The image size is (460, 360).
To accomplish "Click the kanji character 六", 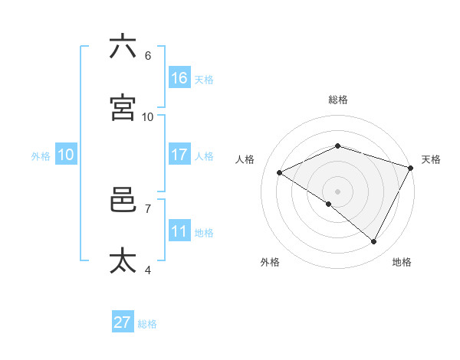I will point(123,47).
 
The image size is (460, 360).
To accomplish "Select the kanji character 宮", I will point(123,108).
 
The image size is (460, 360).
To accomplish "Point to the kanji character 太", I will point(123,261).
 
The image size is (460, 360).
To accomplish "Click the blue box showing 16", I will point(179,77).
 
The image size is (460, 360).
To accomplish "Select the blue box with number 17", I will point(179,155).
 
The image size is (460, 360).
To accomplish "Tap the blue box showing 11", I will point(179,231).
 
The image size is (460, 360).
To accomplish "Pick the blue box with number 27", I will point(123,322).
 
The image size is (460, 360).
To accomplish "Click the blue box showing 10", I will point(66,155).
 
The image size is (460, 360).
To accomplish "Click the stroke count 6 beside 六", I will point(148,56).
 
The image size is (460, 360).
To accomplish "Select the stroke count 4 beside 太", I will point(148,270).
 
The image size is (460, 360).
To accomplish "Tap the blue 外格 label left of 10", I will point(41,156).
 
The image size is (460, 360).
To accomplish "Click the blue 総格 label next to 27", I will point(147,324).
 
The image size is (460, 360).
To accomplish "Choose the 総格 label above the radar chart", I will point(337,100).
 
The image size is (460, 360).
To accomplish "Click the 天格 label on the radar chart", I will point(431,159).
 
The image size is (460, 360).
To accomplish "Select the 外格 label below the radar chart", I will point(270,262).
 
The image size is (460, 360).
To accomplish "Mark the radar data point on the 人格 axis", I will point(280,173).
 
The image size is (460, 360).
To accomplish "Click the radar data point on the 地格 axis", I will point(373,241).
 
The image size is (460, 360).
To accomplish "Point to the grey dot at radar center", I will point(337,191).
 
